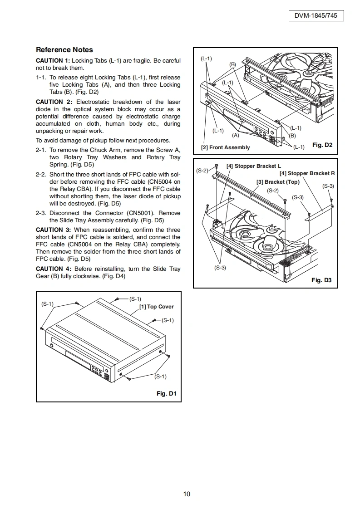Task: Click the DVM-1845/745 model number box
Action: tap(316, 16)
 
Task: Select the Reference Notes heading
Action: tap(64, 50)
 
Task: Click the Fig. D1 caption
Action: tap(166, 393)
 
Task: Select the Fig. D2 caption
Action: tap(322, 145)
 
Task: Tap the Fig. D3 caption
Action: tap(321, 280)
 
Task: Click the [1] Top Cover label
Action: tap(156, 307)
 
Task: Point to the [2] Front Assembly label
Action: tap(225, 147)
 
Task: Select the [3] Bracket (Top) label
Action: tap(278, 182)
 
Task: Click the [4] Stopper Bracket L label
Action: tap(254, 166)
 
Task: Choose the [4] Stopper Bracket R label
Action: tap(307, 173)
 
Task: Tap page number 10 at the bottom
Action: tap(187, 494)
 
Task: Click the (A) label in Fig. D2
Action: tap(235, 135)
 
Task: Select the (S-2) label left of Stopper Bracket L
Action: tap(202, 171)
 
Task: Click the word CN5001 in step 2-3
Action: tap(155, 213)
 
